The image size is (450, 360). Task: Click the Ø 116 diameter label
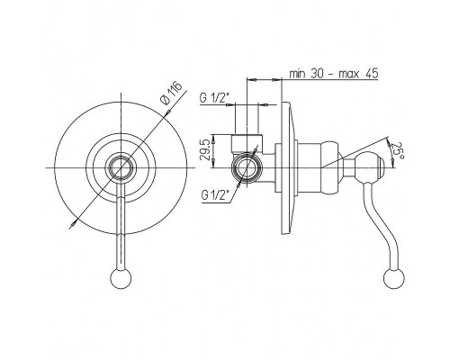coord(172,93)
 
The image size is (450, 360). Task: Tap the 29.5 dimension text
coord(205,151)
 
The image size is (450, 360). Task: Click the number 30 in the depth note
coord(317,73)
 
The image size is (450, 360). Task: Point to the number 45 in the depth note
coord(372,73)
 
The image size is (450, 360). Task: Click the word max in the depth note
coord(348,74)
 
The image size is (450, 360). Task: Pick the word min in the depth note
coord(298,74)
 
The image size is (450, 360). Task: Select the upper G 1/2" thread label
coord(214,98)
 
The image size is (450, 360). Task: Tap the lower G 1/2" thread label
coord(216,195)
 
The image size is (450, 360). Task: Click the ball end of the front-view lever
coord(121,278)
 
